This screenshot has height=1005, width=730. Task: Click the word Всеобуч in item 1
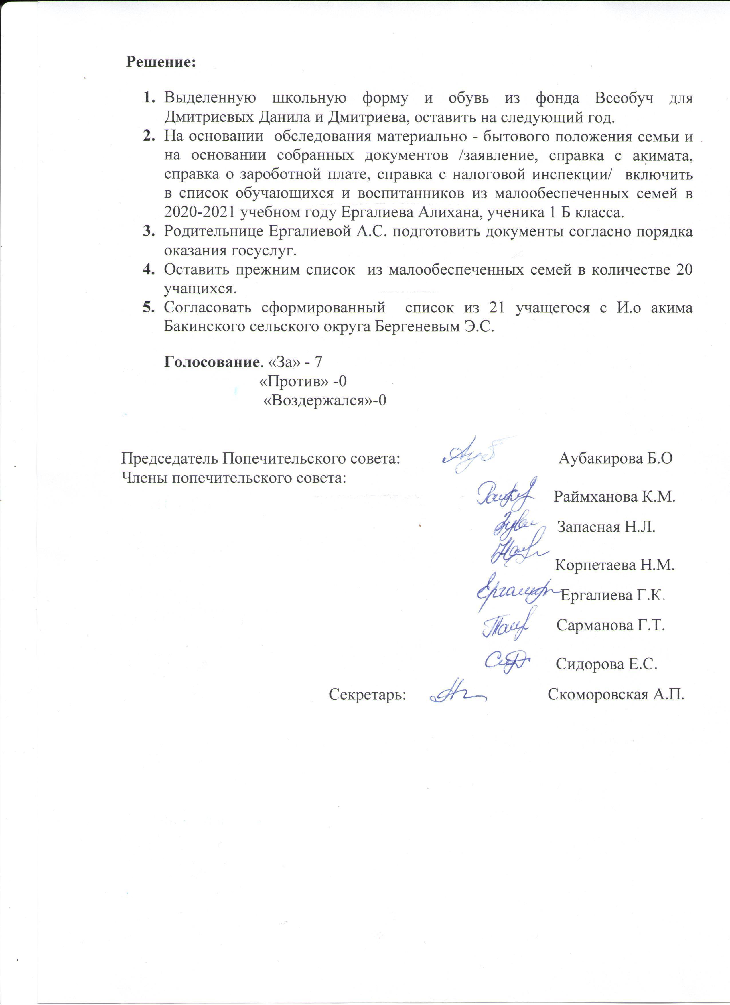[x=624, y=98]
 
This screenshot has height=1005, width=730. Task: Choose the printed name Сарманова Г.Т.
[x=611, y=625]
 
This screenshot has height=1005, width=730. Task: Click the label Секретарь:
[x=367, y=694]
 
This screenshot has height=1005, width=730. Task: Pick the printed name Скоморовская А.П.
[x=616, y=694]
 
